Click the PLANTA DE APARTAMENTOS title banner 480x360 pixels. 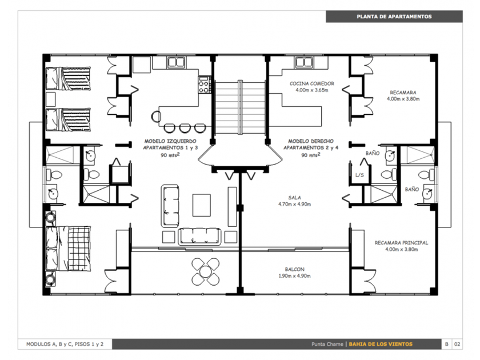394,17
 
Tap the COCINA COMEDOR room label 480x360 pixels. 311,83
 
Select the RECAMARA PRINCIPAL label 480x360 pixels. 401,243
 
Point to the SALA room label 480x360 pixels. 294,198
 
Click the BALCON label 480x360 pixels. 294,269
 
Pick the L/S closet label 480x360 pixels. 359,175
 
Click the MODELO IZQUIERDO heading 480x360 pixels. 170,141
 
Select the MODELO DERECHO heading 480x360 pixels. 311,141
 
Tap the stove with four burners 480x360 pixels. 204,85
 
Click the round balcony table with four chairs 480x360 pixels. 205,271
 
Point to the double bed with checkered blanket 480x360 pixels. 68,249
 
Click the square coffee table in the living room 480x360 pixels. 201,205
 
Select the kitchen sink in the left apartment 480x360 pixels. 177,62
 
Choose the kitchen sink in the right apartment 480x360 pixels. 303,62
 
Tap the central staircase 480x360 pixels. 241,107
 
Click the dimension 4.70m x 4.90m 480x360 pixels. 294,204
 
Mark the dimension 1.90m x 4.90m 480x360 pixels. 294,276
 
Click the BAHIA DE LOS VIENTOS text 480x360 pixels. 381,344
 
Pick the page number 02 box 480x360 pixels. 457,344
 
